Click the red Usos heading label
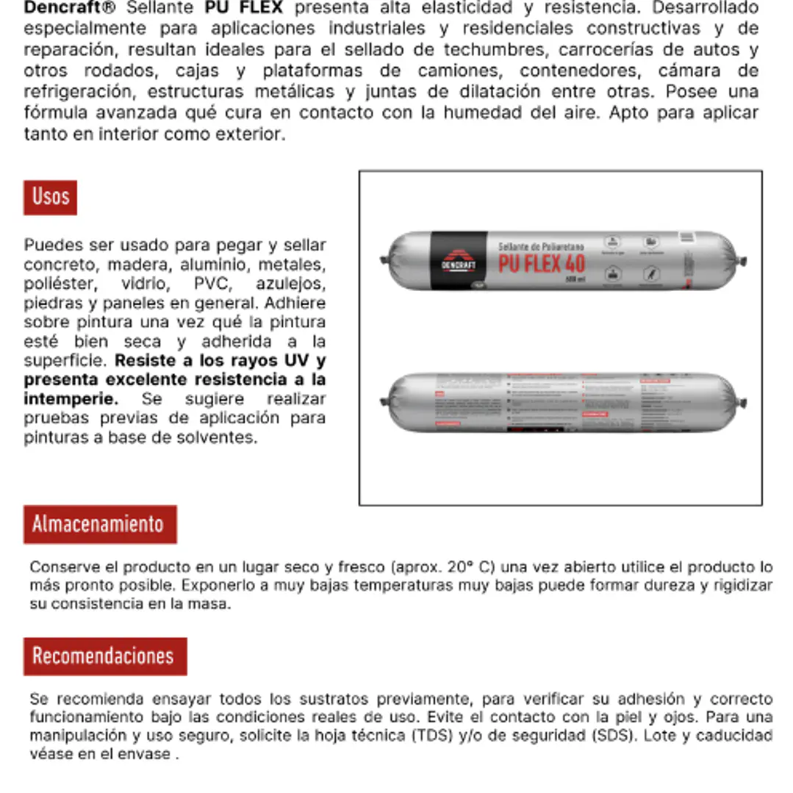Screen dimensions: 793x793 point(50,197)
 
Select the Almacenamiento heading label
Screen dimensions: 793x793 point(100,524)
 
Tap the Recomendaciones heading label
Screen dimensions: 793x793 point(105,656)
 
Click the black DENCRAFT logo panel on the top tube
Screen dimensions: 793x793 point(459,260)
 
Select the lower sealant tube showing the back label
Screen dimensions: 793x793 point(563,402)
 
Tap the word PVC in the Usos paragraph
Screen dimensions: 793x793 point(213,284)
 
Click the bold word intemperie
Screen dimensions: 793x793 point(71,399)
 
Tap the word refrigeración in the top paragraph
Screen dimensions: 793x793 point(79,93)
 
